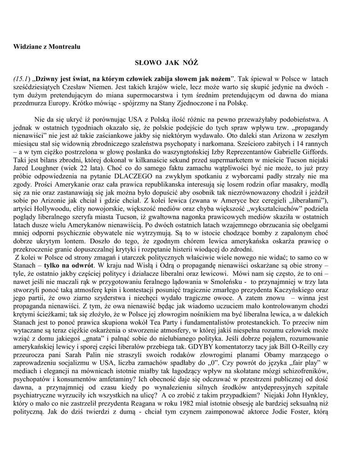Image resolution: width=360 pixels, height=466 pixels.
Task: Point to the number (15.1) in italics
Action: (21, 78)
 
